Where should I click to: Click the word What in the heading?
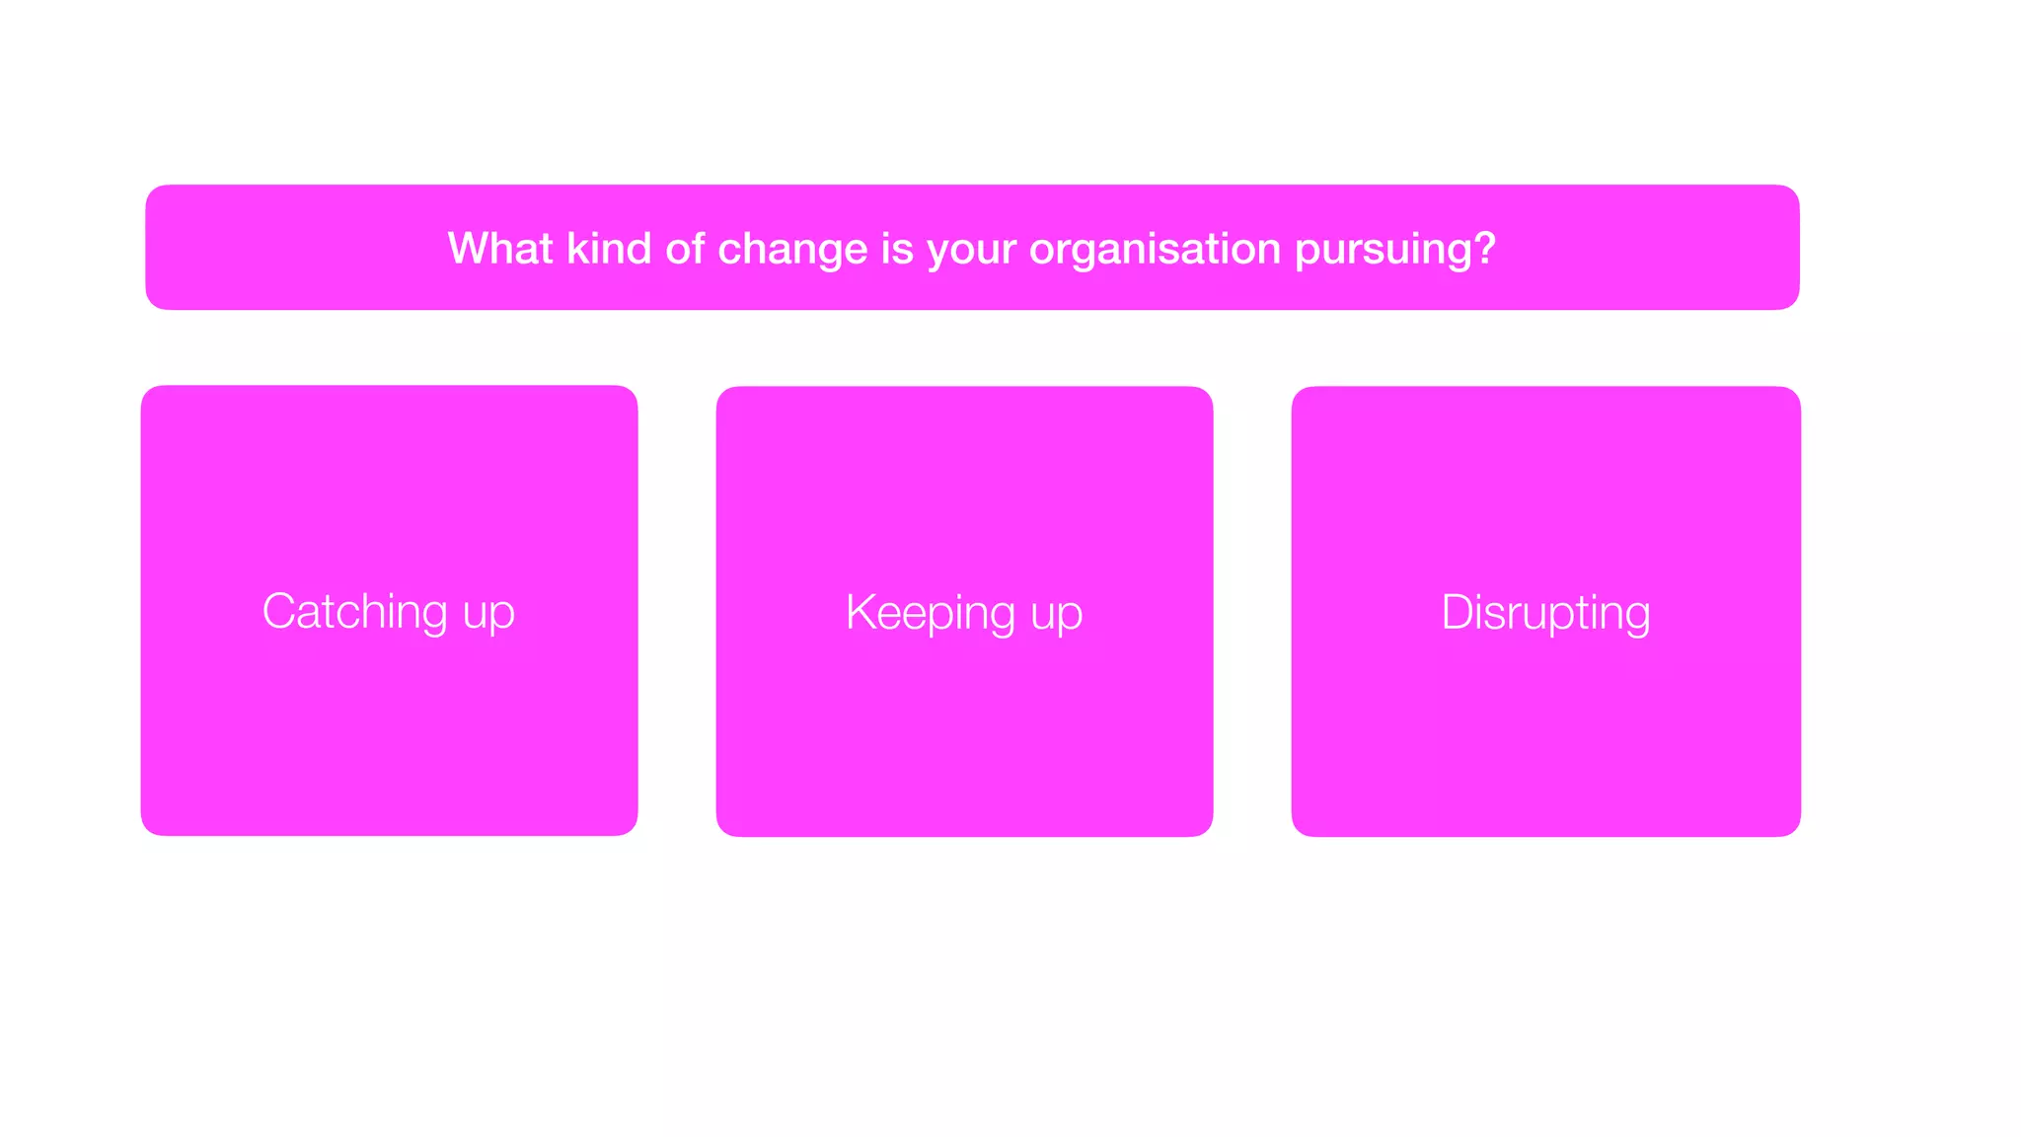click(500, 248)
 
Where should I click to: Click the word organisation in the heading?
click(1155, 250)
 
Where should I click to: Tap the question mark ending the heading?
click(1485, 248)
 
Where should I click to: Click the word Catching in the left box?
click(354, 612)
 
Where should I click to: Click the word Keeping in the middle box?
click(931, 613)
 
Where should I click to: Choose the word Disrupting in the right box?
click(1545, 613)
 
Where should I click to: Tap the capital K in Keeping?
click(861, 612)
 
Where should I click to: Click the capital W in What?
click(469, 248)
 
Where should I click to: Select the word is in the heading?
click(897, 248)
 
